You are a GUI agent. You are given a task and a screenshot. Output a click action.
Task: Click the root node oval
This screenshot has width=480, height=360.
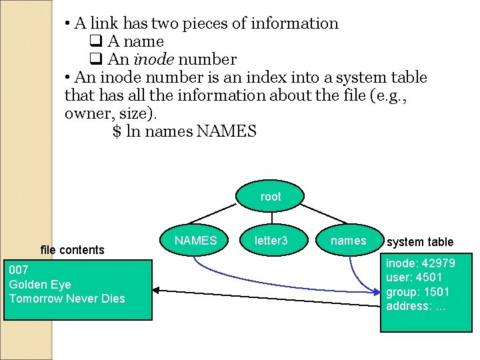(x=270, y=197)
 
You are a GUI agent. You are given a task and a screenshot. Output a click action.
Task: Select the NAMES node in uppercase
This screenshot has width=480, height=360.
(x=195, y=240)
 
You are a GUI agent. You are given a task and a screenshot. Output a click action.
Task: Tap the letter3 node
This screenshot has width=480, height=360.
(x=271, y=240)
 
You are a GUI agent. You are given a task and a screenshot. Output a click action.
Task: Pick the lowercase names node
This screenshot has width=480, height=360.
(x=348, y=240)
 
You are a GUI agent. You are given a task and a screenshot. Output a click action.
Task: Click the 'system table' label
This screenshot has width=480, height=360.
(x=420, y=242)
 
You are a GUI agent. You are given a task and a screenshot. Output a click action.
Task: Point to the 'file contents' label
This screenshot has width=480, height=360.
(x=72, y=250)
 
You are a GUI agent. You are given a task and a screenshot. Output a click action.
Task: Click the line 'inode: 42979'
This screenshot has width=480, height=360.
(x=420, y=263)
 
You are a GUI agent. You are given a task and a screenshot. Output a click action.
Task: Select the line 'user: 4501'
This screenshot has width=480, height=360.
(x=414, y=277)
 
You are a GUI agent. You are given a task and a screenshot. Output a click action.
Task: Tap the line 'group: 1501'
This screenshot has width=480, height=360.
(x=417, y=292)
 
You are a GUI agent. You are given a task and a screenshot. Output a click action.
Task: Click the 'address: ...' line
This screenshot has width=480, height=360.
(x=415, y=306)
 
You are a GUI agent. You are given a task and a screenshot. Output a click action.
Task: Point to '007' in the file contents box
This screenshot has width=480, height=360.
(x=19, y=270)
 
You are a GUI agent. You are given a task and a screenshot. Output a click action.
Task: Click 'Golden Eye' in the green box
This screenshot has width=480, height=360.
(x=39, y=285)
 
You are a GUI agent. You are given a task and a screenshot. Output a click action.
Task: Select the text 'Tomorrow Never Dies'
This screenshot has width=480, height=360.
(x=67, y=299)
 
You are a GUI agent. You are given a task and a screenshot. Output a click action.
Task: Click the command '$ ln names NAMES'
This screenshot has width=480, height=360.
(x=184, y=131)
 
